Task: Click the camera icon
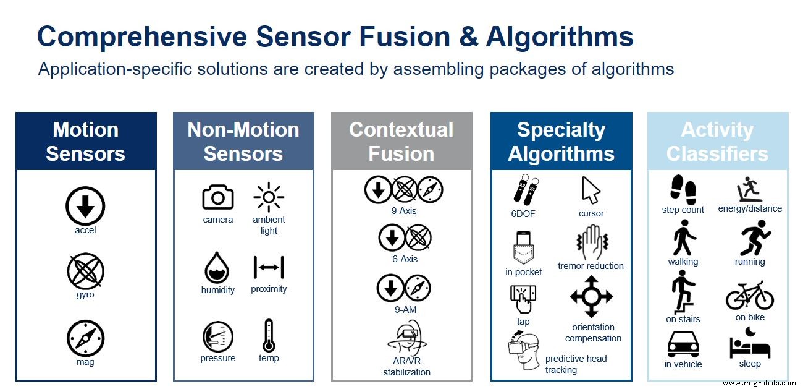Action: tap(218, 197)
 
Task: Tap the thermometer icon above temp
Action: tap(268, 335)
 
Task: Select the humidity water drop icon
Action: tap(217, 268)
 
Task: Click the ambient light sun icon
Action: tap(269, 198)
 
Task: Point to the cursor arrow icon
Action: tap(591, 190)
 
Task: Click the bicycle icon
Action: tap(749, 296)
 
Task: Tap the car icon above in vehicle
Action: tap(683, 344)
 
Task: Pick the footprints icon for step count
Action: tap(683, 189)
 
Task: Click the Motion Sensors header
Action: tap(86, 142)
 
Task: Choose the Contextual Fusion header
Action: tap(401, 142)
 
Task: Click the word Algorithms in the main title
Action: tap(560, 37)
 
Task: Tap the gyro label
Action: tap(85, 295)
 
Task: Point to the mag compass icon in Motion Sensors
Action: tap(85, 339)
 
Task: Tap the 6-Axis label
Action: tap(405, 259)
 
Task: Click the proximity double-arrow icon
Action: tap(269, 267)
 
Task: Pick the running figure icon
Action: tap(750, 240)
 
